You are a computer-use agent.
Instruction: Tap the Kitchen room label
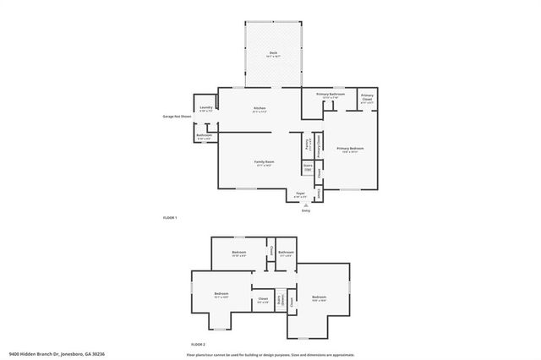260,109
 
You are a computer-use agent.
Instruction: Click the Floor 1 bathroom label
204,136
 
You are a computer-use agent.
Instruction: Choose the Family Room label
265,162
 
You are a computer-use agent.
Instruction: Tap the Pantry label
309,143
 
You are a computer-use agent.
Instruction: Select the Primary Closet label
367,97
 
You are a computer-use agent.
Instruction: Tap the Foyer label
300,194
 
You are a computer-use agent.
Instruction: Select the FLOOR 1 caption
170,218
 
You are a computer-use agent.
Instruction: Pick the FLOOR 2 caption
199,345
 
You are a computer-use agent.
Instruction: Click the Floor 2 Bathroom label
287,253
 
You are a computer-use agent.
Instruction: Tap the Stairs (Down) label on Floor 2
279,301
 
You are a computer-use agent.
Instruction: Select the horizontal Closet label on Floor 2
263,299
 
